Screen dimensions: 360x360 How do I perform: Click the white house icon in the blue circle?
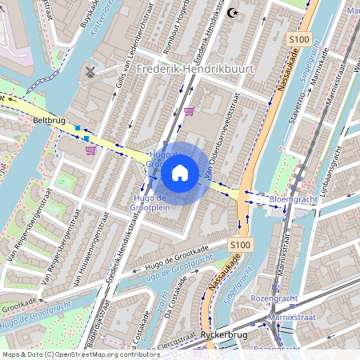[x=180, y=173]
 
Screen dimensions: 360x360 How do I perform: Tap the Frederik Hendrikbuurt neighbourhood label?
[x=195, y=69]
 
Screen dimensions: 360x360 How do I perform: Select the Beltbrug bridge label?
[x=49, y=120]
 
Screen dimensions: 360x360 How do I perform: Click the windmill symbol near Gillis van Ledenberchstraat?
[x=90, y=72]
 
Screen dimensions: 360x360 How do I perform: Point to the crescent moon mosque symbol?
[x=234, y=13]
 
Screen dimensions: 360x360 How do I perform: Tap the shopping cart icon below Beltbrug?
[x=91, y=149]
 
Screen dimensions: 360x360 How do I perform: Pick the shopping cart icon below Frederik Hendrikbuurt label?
[x=189, y=111]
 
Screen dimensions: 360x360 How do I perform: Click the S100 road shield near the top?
[x=299, y=39]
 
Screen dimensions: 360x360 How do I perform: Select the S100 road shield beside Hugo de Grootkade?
[x=239, y=244]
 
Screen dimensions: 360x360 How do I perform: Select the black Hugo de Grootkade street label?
[x=172, y=258]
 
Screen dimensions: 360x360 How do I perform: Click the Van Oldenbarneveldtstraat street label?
[x=225, y=137]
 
